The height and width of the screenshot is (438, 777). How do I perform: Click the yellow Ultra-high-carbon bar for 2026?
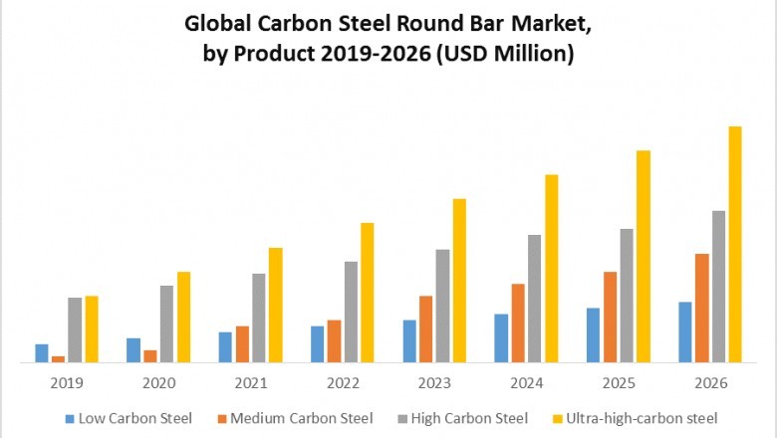click(x=735, y=245)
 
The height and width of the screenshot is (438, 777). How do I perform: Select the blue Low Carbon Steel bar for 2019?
click(x=42, y=353)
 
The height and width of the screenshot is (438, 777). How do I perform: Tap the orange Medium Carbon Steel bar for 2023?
click(x=425, y=329)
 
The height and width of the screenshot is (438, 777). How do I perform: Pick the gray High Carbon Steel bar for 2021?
click(x=259, y=318)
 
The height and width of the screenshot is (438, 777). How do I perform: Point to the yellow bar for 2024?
click(x=551, y=269)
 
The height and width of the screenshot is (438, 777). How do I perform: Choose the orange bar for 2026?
click(x=702, y=309)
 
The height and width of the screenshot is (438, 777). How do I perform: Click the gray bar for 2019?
click(x=75, y=329)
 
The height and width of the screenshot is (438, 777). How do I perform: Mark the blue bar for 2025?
click(x=594, y=335)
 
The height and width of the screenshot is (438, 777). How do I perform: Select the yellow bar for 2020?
click(x=183, y=318)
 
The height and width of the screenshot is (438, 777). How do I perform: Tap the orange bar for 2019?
click(x=59, y=359)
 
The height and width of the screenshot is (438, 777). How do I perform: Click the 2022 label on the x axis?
click(x=343, y=383)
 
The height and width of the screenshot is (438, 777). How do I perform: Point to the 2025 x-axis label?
click(x=619, y=383)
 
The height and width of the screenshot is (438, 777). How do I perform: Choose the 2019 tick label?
click(x=67, y=383)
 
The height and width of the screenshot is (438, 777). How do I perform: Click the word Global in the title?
click(x=223, y=23)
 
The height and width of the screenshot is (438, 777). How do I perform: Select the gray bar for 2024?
click(x=535, y=299)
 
